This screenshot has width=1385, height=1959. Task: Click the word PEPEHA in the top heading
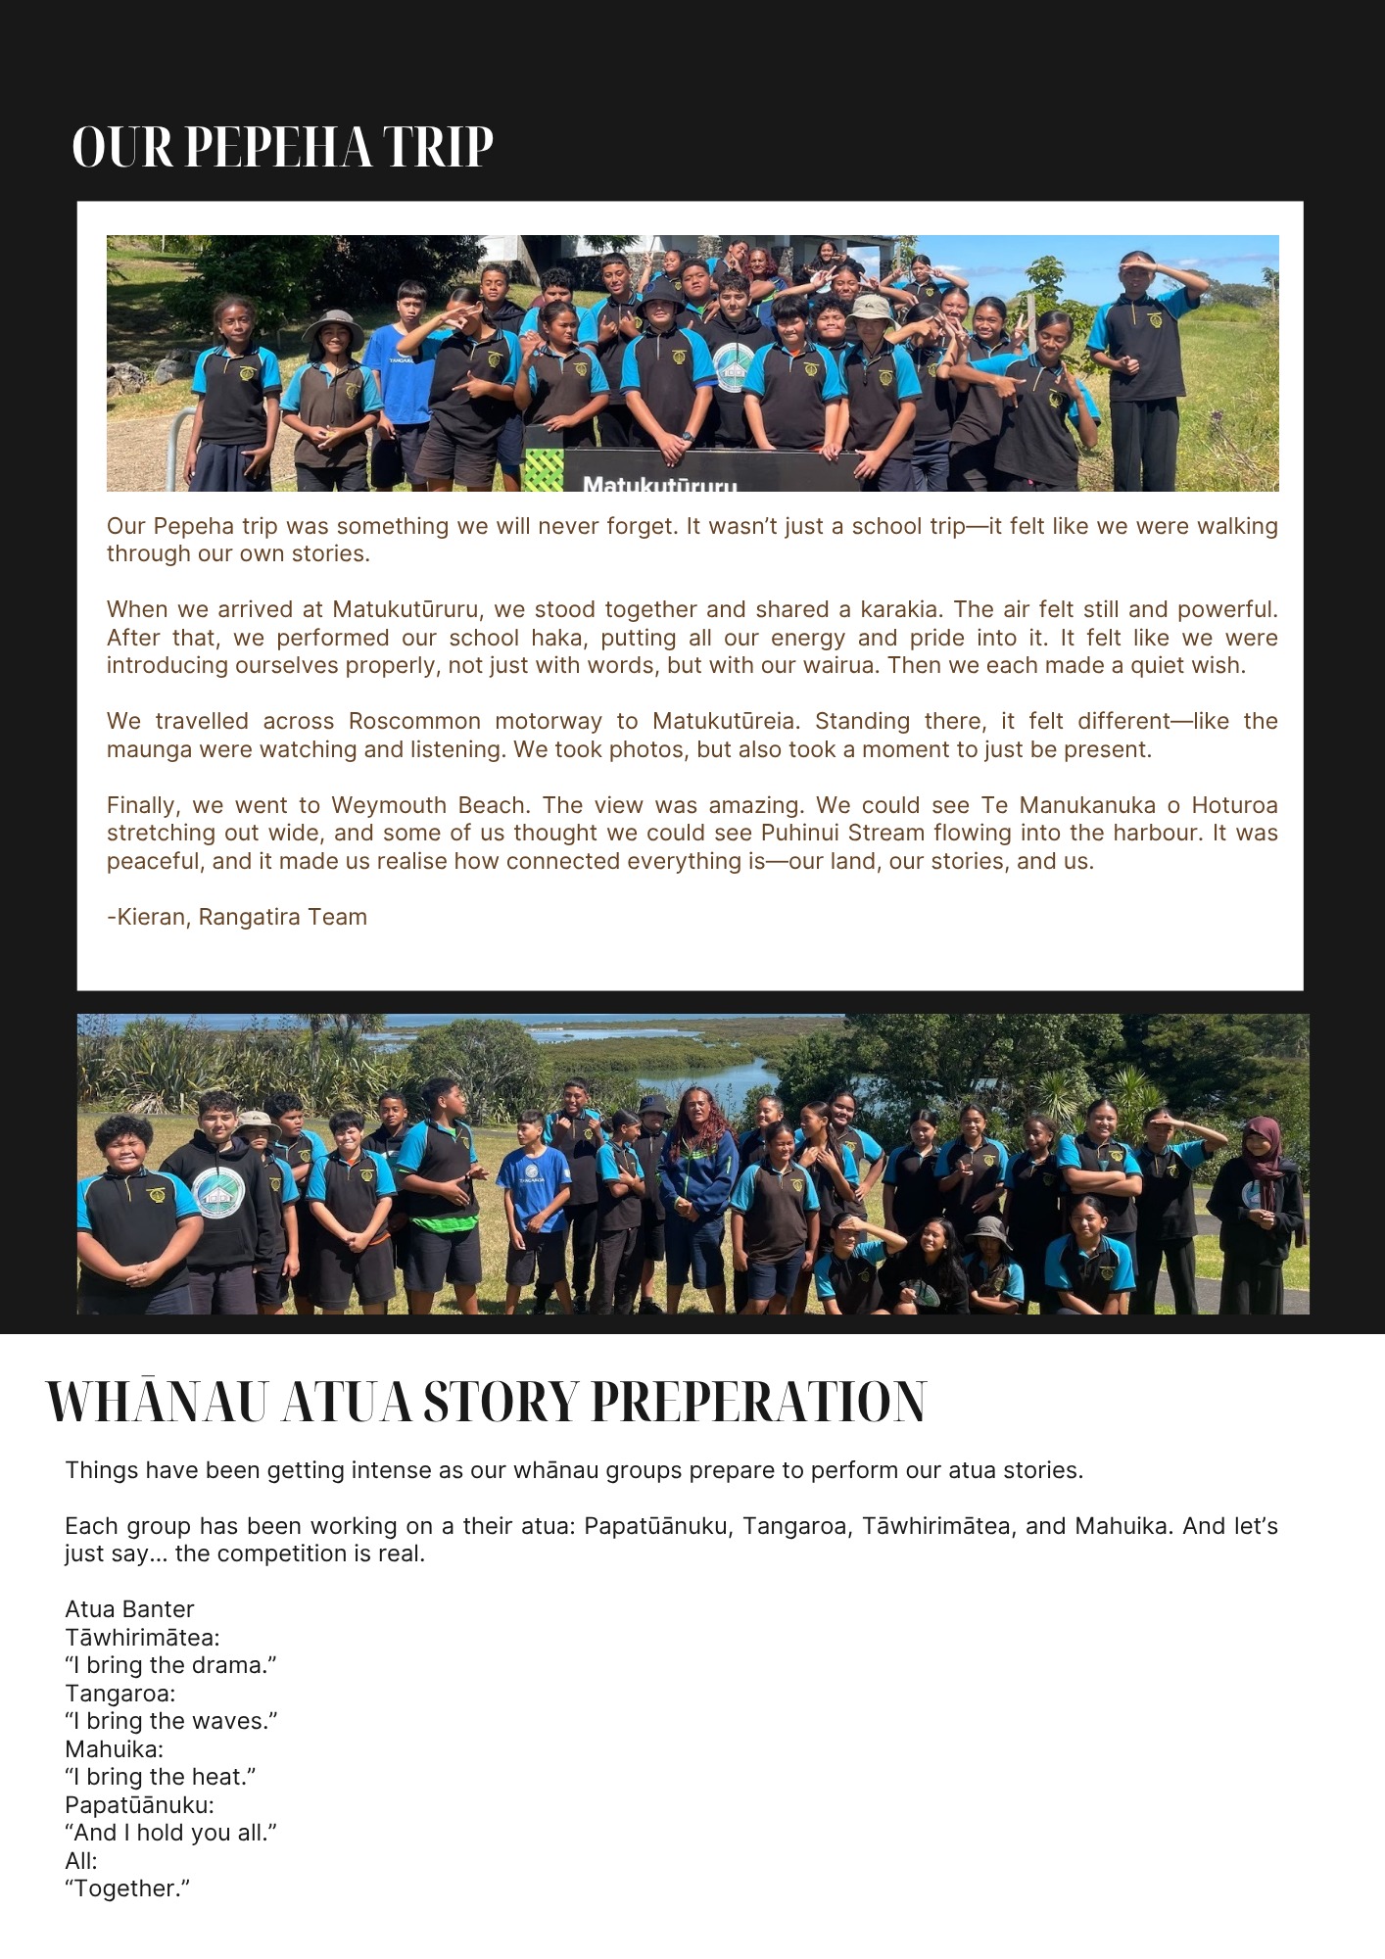277,148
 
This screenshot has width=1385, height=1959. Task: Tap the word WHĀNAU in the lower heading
157,1403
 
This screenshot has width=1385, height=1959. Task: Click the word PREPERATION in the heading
758,1403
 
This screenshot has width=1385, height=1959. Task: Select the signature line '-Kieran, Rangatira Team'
237,917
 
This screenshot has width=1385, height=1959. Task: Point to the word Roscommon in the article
414,722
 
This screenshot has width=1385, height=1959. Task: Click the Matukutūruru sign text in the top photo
659,483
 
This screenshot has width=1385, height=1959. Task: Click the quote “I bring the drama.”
170,1665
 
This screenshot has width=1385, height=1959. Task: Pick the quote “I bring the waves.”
171,1721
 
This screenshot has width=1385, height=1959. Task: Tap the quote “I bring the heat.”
161,1777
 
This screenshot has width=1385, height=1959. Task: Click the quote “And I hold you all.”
170,1833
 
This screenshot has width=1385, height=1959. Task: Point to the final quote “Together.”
127,1888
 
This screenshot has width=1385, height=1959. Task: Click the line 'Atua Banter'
129,1609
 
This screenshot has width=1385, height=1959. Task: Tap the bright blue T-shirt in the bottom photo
534,1190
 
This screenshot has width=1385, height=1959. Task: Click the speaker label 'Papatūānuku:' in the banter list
139,1805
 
